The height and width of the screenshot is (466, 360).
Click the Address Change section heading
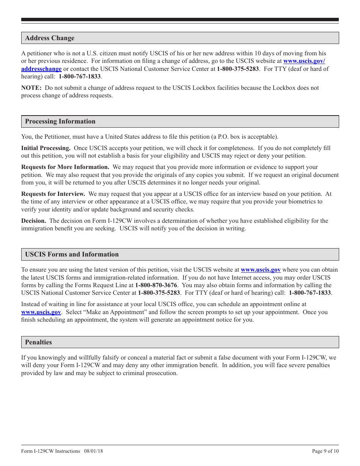coord(50,38)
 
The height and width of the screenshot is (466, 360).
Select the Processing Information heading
coord(60,121)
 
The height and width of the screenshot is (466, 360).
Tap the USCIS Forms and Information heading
coord(72,254)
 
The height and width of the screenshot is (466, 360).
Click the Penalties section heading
coord(38,342)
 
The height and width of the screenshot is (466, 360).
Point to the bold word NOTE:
coord(31,88)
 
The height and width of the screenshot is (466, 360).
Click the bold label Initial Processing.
coord(45,148)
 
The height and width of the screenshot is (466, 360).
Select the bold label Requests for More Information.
coord(65,167)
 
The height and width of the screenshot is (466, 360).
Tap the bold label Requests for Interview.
coord(53,194)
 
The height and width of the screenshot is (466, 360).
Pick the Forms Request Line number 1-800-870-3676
coord(156,285)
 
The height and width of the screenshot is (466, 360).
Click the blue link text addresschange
coord(41,69)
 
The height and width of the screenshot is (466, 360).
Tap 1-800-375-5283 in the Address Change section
coord(238,69)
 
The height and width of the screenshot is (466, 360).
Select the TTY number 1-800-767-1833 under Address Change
coord(80,76)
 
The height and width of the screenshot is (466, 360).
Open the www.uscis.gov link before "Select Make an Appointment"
coord(41,312)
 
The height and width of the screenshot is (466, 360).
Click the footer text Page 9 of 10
coord(325,451)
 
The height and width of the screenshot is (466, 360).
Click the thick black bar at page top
coord(180,20)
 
